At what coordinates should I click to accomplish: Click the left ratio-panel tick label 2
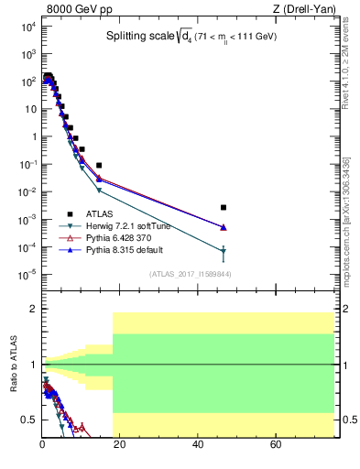tap(34, 310)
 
